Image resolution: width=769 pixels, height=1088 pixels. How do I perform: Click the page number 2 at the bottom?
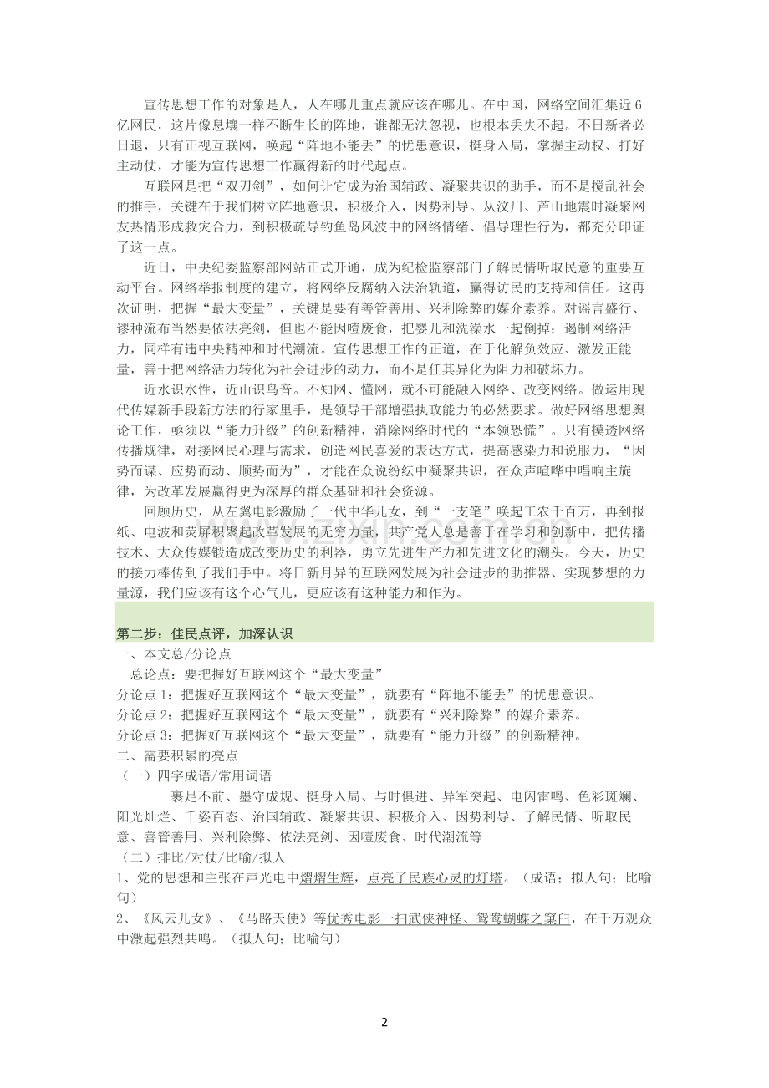coord(384,1022)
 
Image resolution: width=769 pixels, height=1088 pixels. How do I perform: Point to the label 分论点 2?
coord(144,714)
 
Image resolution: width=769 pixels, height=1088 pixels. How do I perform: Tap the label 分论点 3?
coord(144,735)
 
